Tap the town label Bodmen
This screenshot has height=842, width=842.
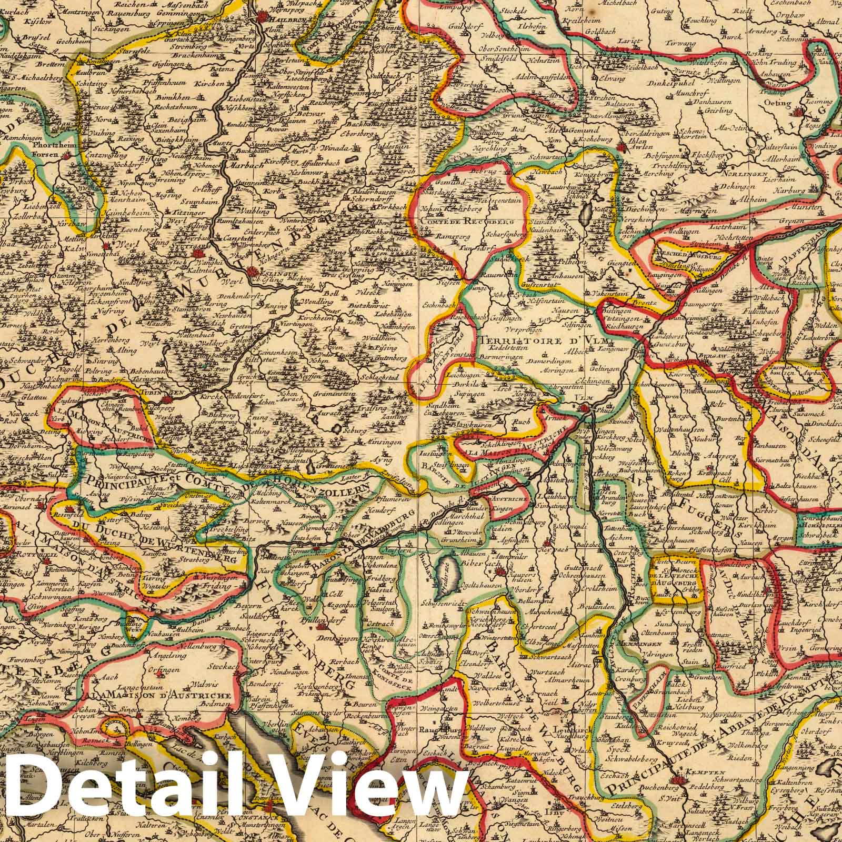click(x=216, y=704)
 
